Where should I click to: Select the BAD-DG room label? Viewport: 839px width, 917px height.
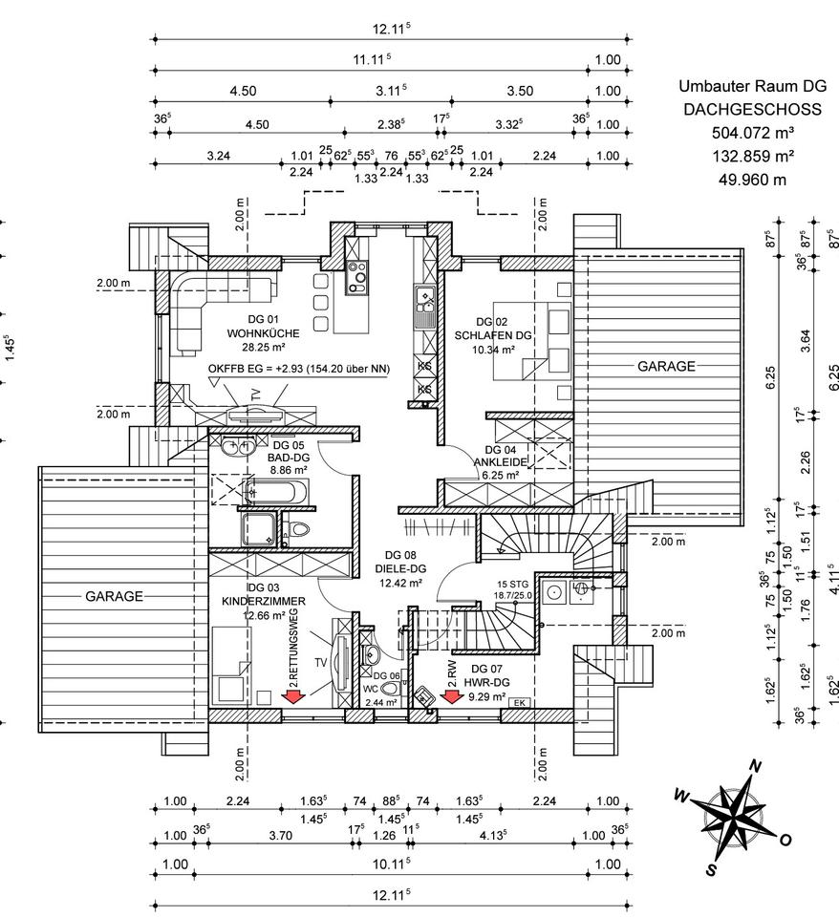[x=288, y=458]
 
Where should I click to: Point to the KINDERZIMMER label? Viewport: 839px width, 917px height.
[x=263, y=601]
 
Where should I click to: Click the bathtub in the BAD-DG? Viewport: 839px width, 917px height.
[x=274, y=494]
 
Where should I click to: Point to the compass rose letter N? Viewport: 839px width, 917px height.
[x=755, y=766]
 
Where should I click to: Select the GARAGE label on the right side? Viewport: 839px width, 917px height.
[x=666, y=366]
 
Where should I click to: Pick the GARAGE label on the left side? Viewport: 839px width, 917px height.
[x=115, y=596]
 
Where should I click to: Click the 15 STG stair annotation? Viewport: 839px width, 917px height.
[x=513, y=583]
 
